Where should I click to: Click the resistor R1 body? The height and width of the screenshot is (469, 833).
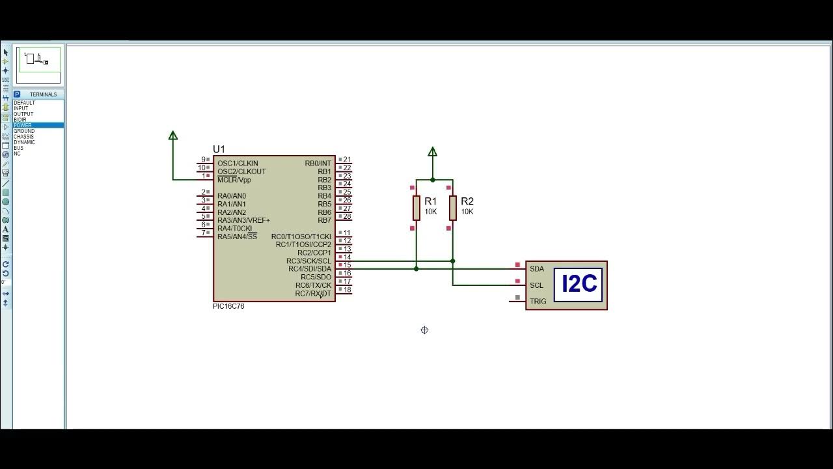click(416, 208)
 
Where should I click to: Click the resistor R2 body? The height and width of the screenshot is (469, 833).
click(453, 208)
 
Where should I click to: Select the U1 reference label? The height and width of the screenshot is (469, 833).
click(219, 150)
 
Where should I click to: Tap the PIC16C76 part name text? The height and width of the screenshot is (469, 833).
click(228, 306)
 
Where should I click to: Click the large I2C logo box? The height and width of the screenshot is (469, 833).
click(579, 285)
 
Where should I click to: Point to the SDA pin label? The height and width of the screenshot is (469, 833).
click(537, 269)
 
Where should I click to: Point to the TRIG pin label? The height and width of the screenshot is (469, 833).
click(538, 301)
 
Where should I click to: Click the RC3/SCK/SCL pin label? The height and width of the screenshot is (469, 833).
click(308, 261)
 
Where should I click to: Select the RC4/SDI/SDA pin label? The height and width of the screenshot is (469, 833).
click(310, 269)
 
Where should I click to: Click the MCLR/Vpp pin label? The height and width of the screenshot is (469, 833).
click(234, 180)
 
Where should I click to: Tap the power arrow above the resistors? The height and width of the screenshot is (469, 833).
click(433, 152)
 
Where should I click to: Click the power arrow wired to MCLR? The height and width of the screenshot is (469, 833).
click(173, 135)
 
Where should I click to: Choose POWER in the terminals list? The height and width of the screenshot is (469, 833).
click(23, 125)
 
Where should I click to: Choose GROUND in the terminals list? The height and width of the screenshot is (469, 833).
click(24, 131)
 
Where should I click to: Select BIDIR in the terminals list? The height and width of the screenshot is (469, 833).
click(20, 120)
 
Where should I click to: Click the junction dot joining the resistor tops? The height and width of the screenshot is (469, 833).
click(433, 180)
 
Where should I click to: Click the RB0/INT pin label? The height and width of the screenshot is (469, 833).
click(318, 163)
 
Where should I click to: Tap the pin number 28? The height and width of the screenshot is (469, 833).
click(348, 216)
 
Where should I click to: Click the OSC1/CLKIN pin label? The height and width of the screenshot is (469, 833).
click(238, 163)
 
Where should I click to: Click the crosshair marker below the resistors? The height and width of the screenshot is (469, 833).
click(424, 330)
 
